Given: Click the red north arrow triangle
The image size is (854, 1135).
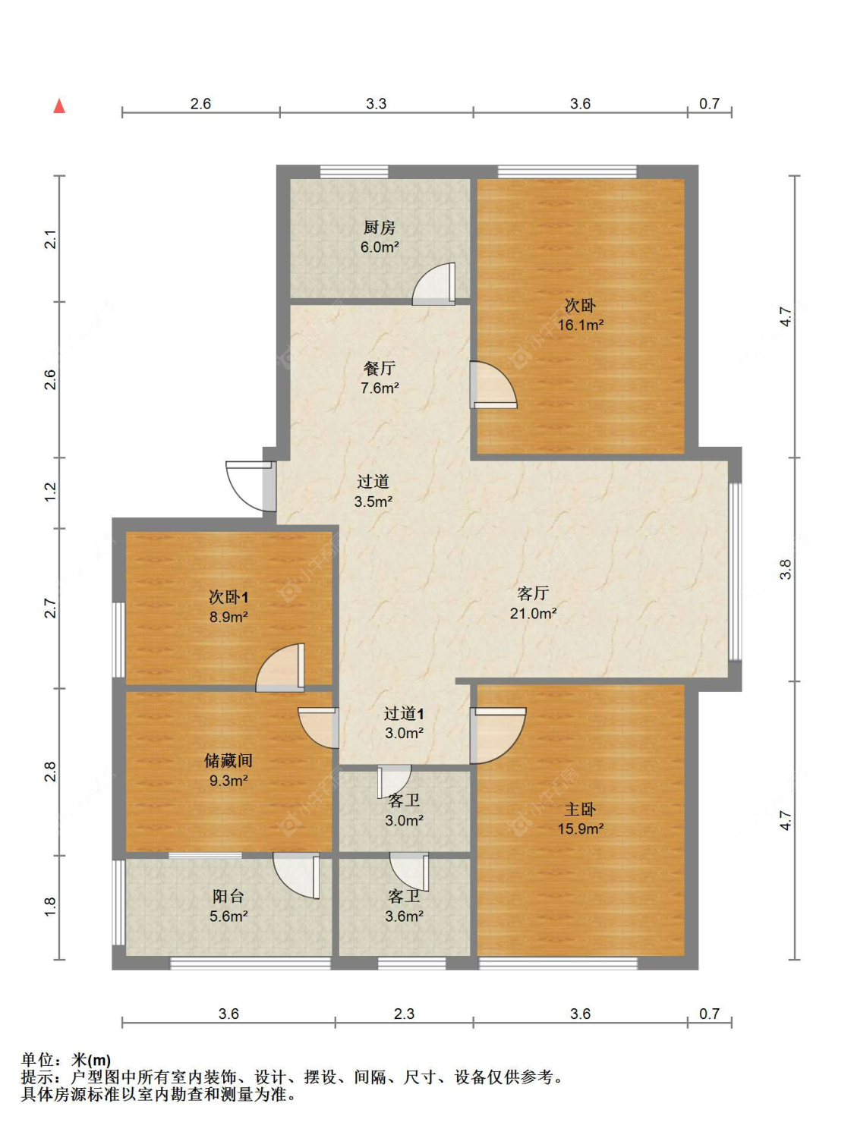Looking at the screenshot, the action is click(59, 106).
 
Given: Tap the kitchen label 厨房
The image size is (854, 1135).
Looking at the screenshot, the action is click(379, 227).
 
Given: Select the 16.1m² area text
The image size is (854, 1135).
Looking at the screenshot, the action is click(581, 325).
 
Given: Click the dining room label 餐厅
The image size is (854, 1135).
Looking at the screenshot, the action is click(379, 368).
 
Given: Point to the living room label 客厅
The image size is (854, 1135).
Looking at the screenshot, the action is click(533, 593).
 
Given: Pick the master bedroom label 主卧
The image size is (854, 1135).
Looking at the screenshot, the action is click(581, 809).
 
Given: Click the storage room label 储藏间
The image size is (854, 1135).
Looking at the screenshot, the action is click(228, 760).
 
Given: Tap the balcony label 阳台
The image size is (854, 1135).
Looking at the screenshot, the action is click(228, 896).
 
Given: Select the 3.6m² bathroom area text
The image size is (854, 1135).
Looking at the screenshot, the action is click(405, 916).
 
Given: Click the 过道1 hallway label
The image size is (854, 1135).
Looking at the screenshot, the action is click(404, 714).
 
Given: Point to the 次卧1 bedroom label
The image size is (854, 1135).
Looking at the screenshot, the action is click(228, 597).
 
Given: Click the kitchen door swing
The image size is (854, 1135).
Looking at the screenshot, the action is click(434, 284).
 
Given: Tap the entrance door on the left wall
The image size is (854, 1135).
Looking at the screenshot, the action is click(251, 486).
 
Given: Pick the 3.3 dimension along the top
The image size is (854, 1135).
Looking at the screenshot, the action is click(376, 103).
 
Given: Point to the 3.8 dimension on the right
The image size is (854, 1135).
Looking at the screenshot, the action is click(785, 569).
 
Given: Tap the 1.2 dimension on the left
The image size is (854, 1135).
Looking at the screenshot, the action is click(49, 492).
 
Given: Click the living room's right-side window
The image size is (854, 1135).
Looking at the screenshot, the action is click(735, 571).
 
